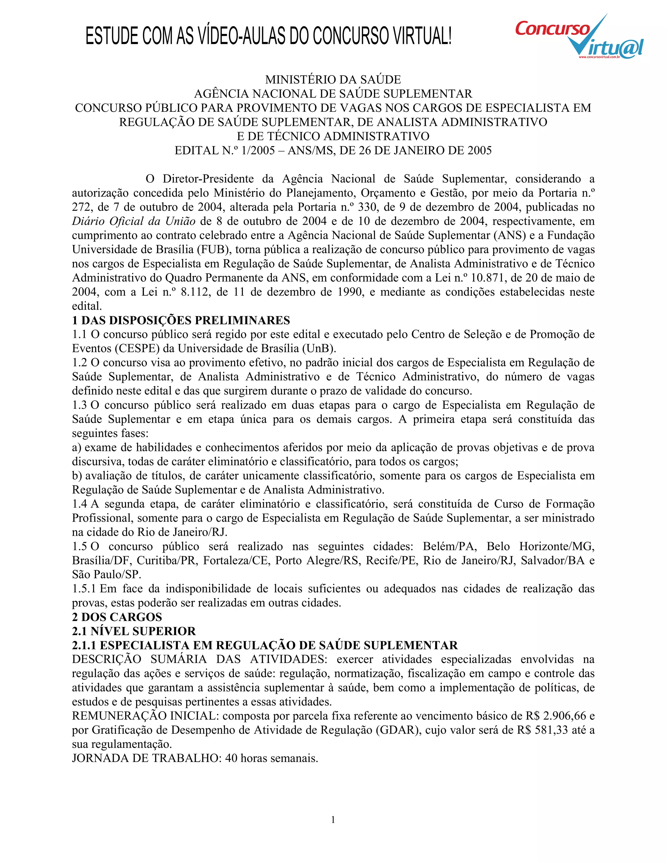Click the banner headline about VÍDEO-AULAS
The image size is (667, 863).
tap(268, 36)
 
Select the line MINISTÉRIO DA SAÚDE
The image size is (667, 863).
tap(333, 80)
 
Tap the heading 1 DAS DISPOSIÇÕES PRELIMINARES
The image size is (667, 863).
tap(181, 320)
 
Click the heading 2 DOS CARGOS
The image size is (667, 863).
tap(117, 617)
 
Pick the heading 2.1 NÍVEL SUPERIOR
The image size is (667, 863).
tap(134, 631)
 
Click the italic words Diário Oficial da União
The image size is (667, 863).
tap(134, 221)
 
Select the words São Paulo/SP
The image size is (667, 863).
tap(106, 574)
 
